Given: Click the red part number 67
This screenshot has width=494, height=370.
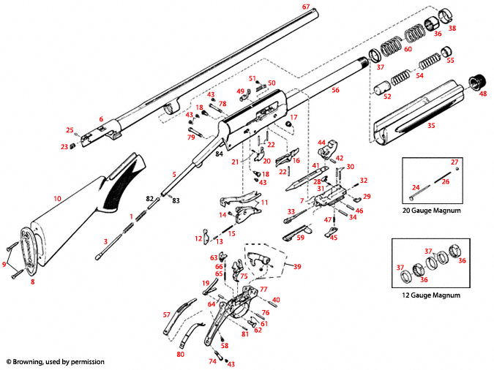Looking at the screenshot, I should click(306, 7).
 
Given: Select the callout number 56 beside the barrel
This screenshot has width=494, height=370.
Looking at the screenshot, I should click(335, 90).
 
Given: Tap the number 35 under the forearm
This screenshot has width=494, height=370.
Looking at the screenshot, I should click(431, 126).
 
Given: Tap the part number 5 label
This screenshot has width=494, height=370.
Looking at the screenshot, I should click(174, 174).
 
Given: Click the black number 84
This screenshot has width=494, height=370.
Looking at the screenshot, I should click(218, 153).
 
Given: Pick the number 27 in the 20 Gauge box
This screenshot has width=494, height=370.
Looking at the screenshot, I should click(454, 162).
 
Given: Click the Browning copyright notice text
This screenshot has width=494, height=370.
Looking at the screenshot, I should click(56, 361).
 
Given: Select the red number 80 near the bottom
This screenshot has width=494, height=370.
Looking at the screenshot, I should click(180, 355).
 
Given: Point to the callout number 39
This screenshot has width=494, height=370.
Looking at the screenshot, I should click(296, 266).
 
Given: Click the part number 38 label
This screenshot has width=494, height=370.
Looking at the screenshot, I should click(452, 29).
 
